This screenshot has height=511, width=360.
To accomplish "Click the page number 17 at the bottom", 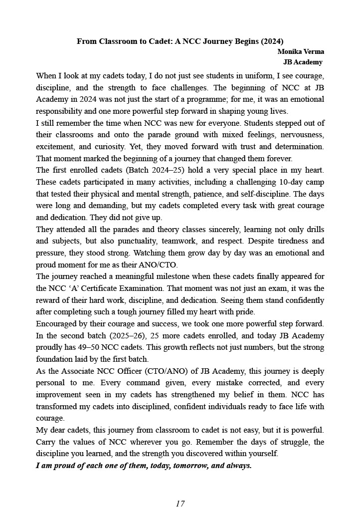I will tap(180, 504).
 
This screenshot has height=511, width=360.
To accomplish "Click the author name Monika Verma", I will tap(301, 52).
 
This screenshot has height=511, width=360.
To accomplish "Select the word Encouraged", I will tap(56, 324).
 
